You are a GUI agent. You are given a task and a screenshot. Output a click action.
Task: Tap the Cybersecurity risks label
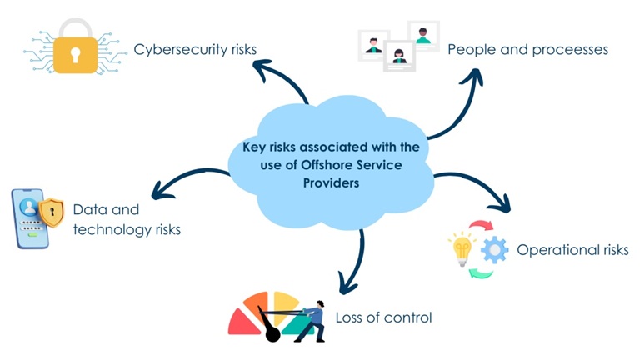pos(195,50)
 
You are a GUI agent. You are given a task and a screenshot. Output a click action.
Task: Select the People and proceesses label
pos(527,49)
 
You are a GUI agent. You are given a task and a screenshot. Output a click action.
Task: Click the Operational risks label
pos(572,250)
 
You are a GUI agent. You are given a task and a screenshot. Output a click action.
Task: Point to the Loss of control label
pos(383,317)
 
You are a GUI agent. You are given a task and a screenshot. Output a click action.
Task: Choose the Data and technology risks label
pos(126,219)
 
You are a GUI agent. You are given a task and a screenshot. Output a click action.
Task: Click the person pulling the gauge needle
pos(311,319)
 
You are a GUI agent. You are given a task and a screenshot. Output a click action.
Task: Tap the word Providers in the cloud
pos(332,182)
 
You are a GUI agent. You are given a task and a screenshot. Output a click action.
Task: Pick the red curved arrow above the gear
pos(481,225)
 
